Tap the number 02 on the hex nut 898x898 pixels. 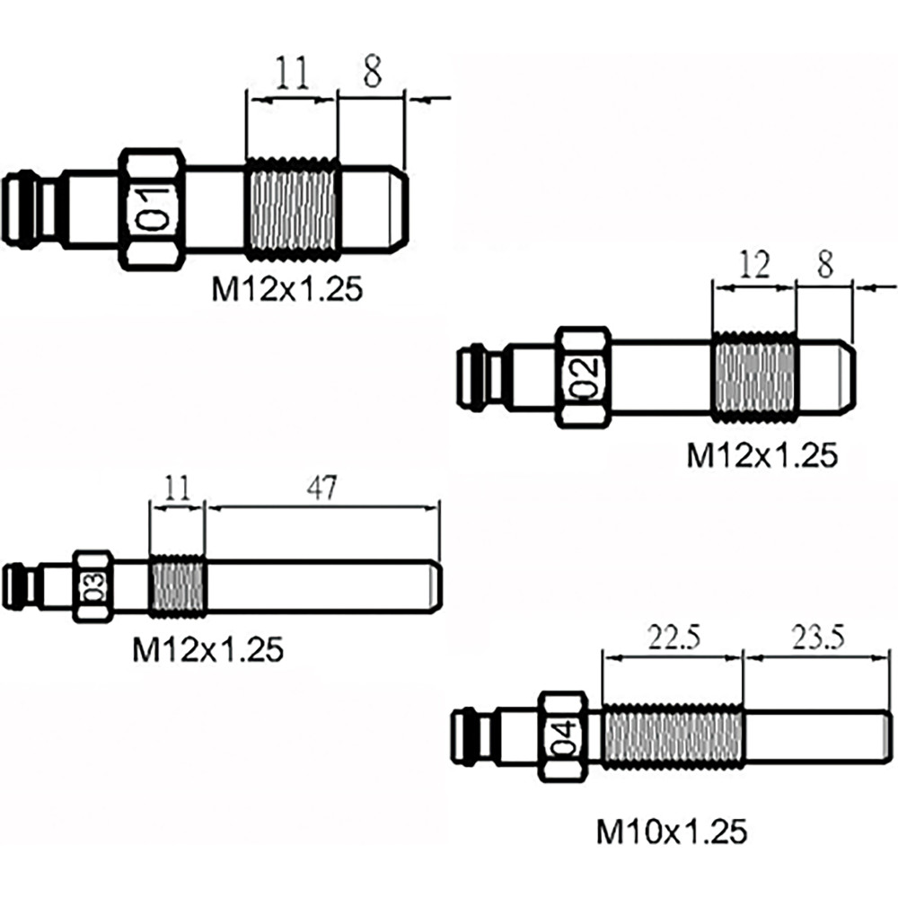[x=587, y=376]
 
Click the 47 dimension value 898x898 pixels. [x=322, y=488]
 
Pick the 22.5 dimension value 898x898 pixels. [x=674, y=638]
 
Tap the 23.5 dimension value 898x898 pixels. [x=818, y=638]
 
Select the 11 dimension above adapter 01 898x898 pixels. [x=292, y=73]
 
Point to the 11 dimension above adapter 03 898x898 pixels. [x=176, y=488]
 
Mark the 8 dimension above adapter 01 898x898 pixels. [x=373, y=72]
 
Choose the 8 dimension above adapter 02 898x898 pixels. [x=824, y=265]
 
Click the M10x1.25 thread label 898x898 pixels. [x=671, y=832]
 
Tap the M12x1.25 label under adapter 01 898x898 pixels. [x=287, y=290]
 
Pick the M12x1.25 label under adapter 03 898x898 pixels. [x=208, y=649]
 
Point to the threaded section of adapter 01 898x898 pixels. [x=292, y=209]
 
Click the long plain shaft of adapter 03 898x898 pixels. [x=323, y=585]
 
